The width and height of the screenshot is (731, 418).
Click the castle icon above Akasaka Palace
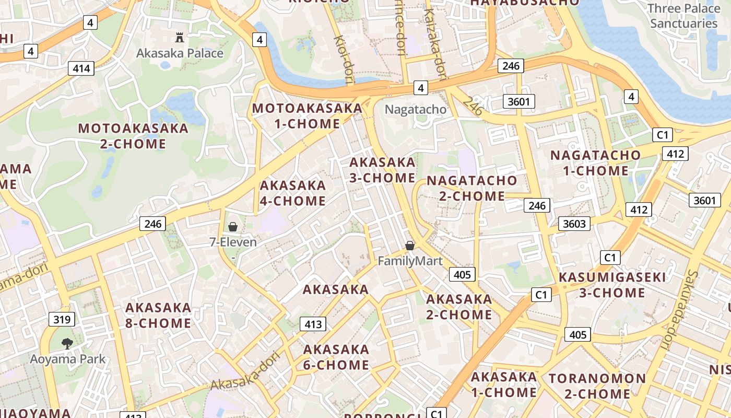click(180, 37)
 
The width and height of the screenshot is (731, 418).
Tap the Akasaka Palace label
click(180, 53)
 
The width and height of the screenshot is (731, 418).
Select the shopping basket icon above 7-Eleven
click(233, 227)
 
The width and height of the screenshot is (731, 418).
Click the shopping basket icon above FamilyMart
click(410, 245)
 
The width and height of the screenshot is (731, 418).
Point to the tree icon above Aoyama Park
click(67, 343)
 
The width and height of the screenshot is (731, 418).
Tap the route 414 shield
click(81, 68)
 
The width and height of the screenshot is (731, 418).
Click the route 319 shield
click(62, 319)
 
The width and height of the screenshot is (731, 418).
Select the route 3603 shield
click(574, 224)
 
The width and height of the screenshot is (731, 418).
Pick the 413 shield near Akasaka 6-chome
click(313, 324)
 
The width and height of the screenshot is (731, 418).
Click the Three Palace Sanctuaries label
click(683, 16)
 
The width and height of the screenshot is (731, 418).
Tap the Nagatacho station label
click(416, 109)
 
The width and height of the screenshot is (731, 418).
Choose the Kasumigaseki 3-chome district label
click(612, 285)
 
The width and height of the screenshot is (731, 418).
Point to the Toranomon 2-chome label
click(597, 386)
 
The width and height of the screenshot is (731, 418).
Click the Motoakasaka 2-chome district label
click(133, 136)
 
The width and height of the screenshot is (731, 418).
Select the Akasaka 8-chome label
click(158, 315)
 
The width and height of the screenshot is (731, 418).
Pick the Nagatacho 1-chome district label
click(595, 163)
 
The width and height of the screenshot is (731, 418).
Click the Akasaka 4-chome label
click(292, 193)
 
